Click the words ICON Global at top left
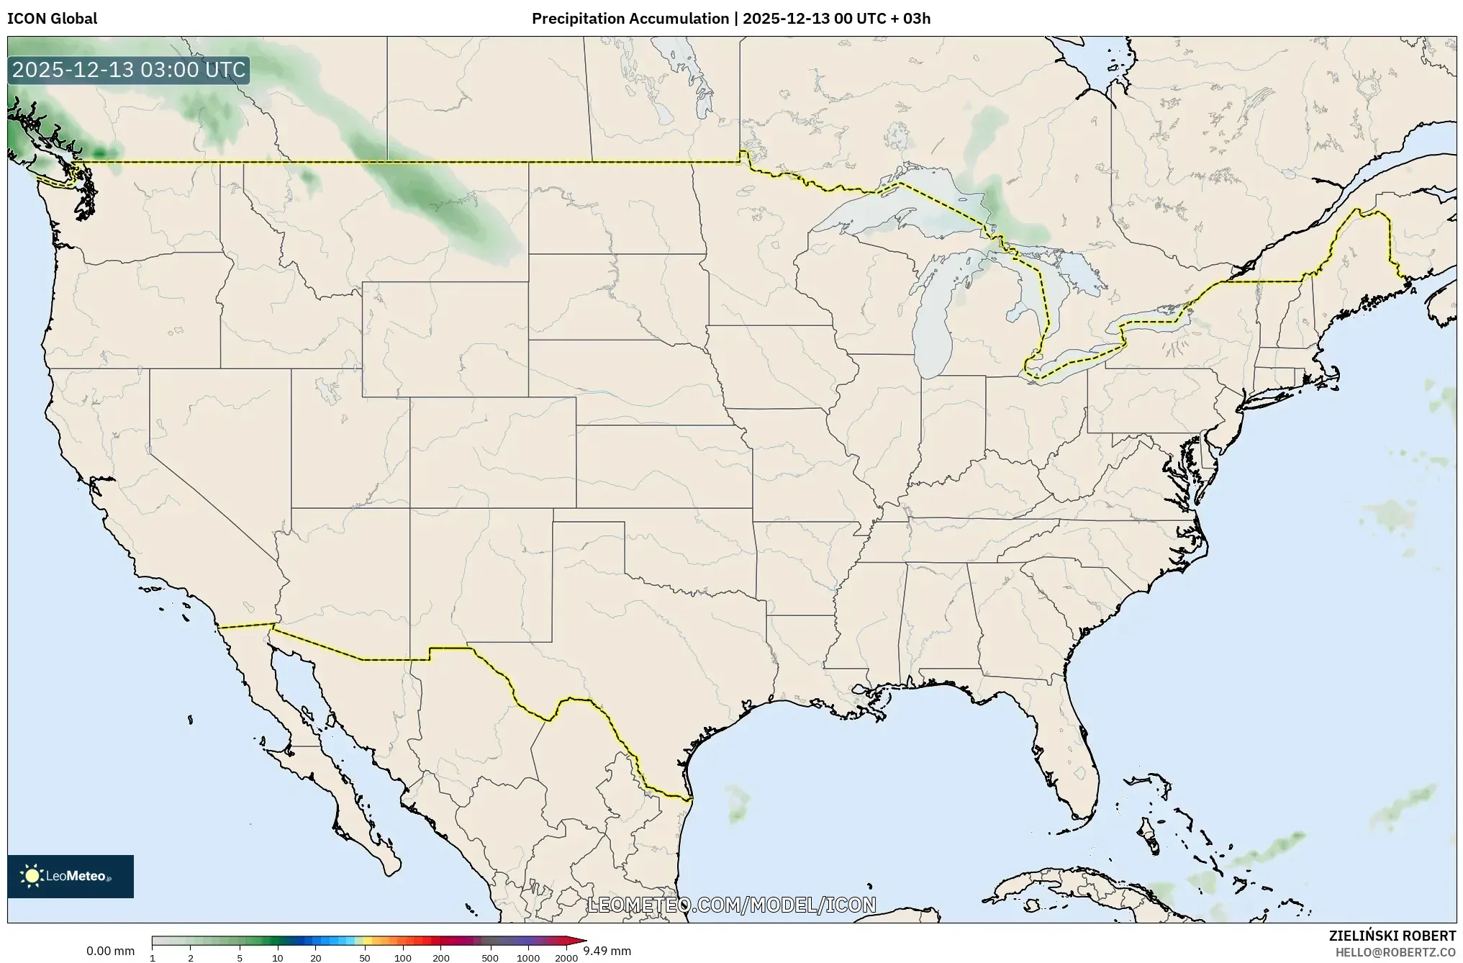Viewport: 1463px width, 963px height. point(52,19)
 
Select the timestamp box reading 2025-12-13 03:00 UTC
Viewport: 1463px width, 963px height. point(129,70)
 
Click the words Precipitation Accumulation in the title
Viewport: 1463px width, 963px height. point(630,19)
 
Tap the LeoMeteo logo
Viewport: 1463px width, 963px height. point(71,876)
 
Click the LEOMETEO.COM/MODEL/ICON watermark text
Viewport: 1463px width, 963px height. point(731,905)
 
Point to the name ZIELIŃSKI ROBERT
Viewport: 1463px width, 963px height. point(1392,936)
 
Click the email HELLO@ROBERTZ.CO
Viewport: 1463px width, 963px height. point(1395,952)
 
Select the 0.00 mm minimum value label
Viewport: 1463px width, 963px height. point(110,951)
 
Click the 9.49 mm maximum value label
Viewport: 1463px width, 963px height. point(607,951)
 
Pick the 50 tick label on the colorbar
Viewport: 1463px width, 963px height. point(365,958)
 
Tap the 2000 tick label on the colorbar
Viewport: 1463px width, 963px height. point(566,958)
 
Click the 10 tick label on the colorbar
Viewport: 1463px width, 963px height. point(278,958)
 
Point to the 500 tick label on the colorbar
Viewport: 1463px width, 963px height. point(490,958)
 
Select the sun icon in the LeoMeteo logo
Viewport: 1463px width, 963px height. point(32,876)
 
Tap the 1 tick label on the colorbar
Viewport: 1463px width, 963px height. point(153,958)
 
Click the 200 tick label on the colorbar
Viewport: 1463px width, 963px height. point(441,958)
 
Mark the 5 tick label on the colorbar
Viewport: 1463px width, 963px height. point(240,958)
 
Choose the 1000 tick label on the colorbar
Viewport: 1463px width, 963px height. point(528,958)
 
